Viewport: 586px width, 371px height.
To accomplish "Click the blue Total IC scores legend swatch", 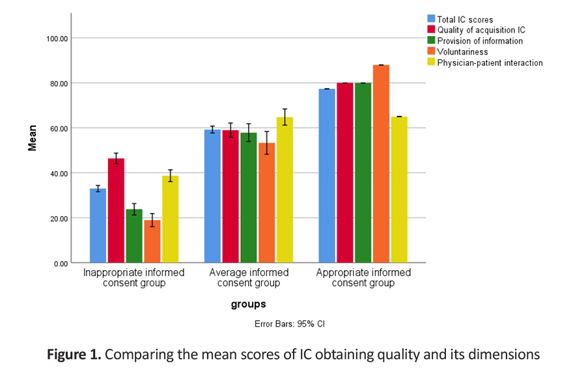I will point(431,19).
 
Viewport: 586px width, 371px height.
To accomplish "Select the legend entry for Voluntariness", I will point(462,52).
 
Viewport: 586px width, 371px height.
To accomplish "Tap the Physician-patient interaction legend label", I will point(490,63).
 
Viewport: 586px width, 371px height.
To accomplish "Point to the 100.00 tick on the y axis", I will point(57,38).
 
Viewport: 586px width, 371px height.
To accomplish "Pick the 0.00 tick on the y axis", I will point(61,263).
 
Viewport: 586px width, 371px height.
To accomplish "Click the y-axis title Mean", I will point(32,138).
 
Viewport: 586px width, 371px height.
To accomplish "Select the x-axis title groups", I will point(248,304).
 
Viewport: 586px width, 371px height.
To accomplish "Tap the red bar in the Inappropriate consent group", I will point(116,211).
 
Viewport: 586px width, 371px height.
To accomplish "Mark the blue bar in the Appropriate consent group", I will point(327,176).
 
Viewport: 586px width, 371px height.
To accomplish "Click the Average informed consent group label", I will point(248,278).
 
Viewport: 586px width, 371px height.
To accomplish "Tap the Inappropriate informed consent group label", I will point(134,278).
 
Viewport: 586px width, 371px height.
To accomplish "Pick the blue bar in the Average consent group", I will point(212,196).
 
